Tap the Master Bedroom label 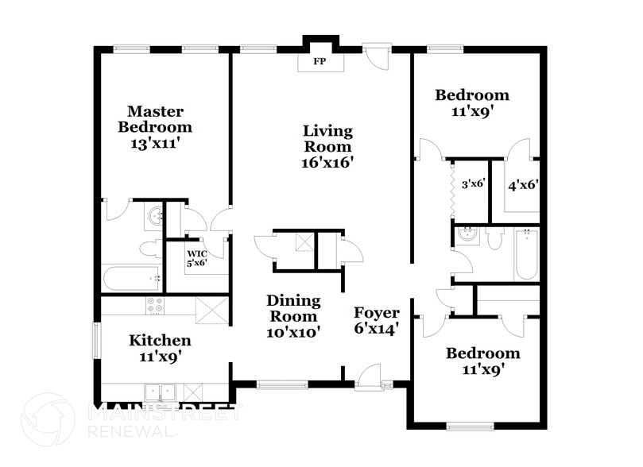(x=155, y=119)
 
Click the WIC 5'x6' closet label (x=196, y=257)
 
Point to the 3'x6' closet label (x=473, y=183)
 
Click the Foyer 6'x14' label (x=376, y=319)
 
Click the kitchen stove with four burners (x=154, y=304)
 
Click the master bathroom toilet (x=150, y=249)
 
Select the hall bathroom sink (x=467, y=234)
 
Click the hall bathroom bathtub (x=526, y=254)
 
